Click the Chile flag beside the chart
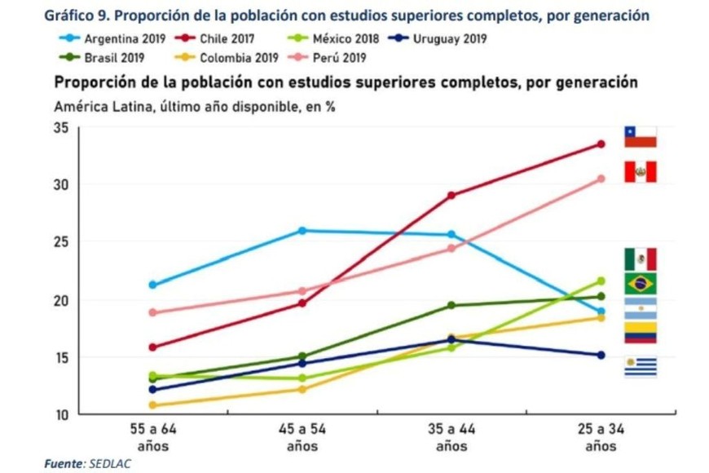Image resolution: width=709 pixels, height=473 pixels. pos(641,136)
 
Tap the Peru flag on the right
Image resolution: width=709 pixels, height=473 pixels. pos(641,172)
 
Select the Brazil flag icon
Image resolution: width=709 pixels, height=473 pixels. pos(641,284)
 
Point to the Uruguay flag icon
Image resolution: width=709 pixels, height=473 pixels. pos(641,367)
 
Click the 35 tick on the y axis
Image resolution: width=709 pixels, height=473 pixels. pos(62,127)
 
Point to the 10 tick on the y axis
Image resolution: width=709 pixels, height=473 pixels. pos(62,415)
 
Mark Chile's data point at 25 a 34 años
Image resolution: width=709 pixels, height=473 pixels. pos(601,144)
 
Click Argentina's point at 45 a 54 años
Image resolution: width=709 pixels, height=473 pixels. pos(302,231)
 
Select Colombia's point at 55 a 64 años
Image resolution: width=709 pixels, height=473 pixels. pos(153,405)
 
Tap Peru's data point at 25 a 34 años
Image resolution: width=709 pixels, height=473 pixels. pos(601,179)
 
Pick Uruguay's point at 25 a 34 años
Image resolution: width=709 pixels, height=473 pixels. pos(601,355)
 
